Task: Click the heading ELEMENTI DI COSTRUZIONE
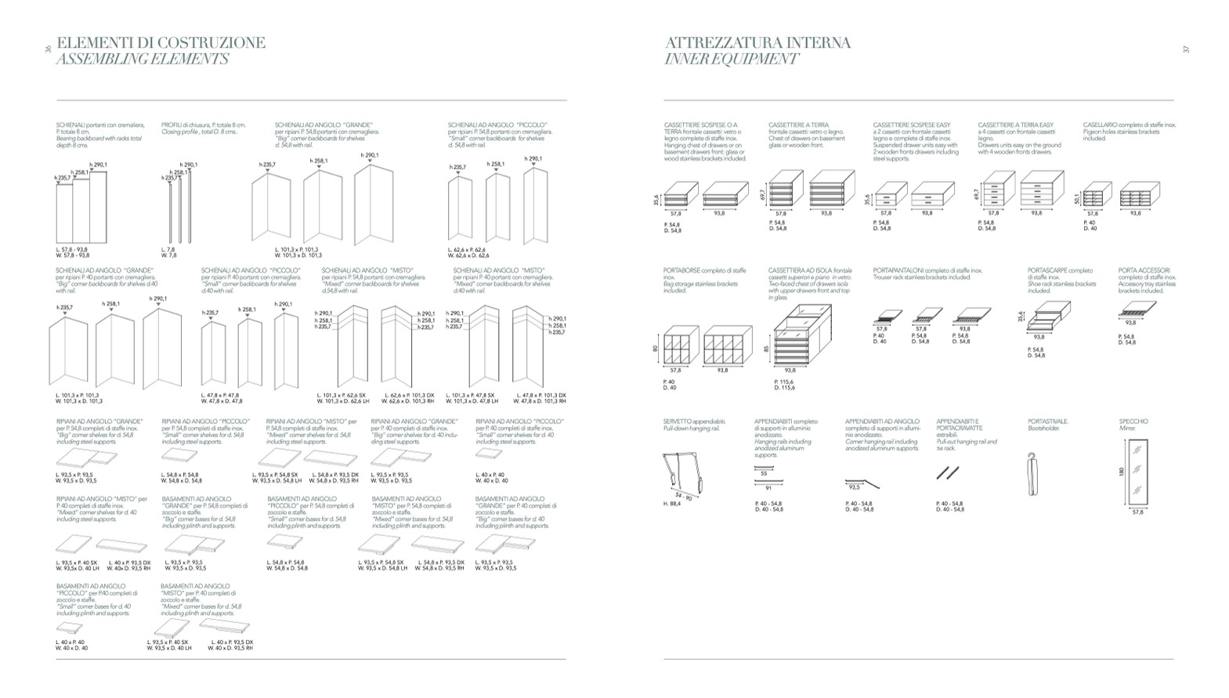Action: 161,42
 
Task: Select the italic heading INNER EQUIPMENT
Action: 731,60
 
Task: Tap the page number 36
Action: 49,49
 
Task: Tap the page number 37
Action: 1186,49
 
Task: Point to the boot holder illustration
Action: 1033,474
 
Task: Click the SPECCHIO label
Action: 1133,421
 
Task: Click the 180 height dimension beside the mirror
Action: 1122,472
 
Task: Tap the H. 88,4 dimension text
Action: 671,504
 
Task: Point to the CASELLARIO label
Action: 1101,125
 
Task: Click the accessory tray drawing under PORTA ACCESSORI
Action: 1137,310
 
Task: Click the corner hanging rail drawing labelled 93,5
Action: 862,484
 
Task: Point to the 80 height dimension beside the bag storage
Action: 656,349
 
